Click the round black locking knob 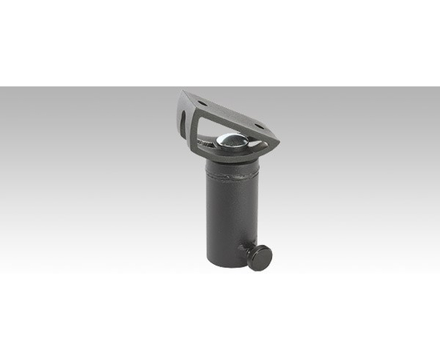[259, 256]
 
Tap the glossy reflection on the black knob [256, 253]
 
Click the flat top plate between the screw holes [230, 111]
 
